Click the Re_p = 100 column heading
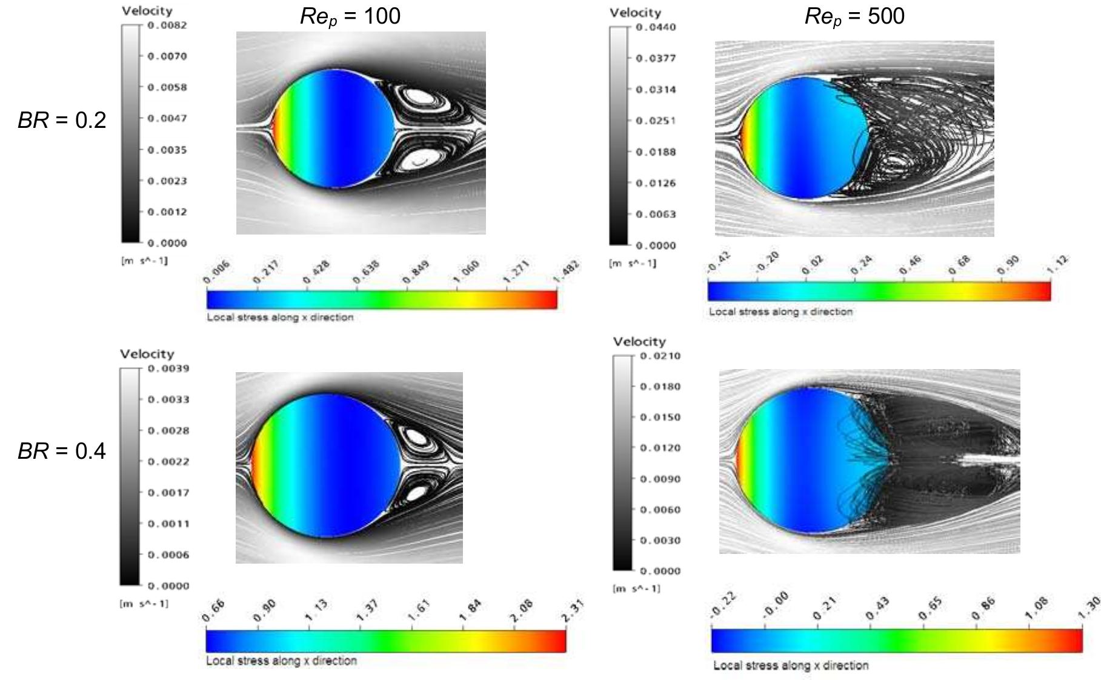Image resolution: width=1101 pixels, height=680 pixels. [x=350, y=16]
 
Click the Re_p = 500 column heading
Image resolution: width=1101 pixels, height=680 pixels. [x=854, y=16]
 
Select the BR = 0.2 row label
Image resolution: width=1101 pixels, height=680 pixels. [x=62, y=120]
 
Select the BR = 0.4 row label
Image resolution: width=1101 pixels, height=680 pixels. [x=62, y=451]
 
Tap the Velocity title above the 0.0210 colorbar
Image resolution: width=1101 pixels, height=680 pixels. [x=639, y=342]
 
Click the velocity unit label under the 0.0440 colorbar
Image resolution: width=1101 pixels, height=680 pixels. [x=633, y=264]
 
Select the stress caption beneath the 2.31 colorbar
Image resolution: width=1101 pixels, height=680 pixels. [x=281, y=661]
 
